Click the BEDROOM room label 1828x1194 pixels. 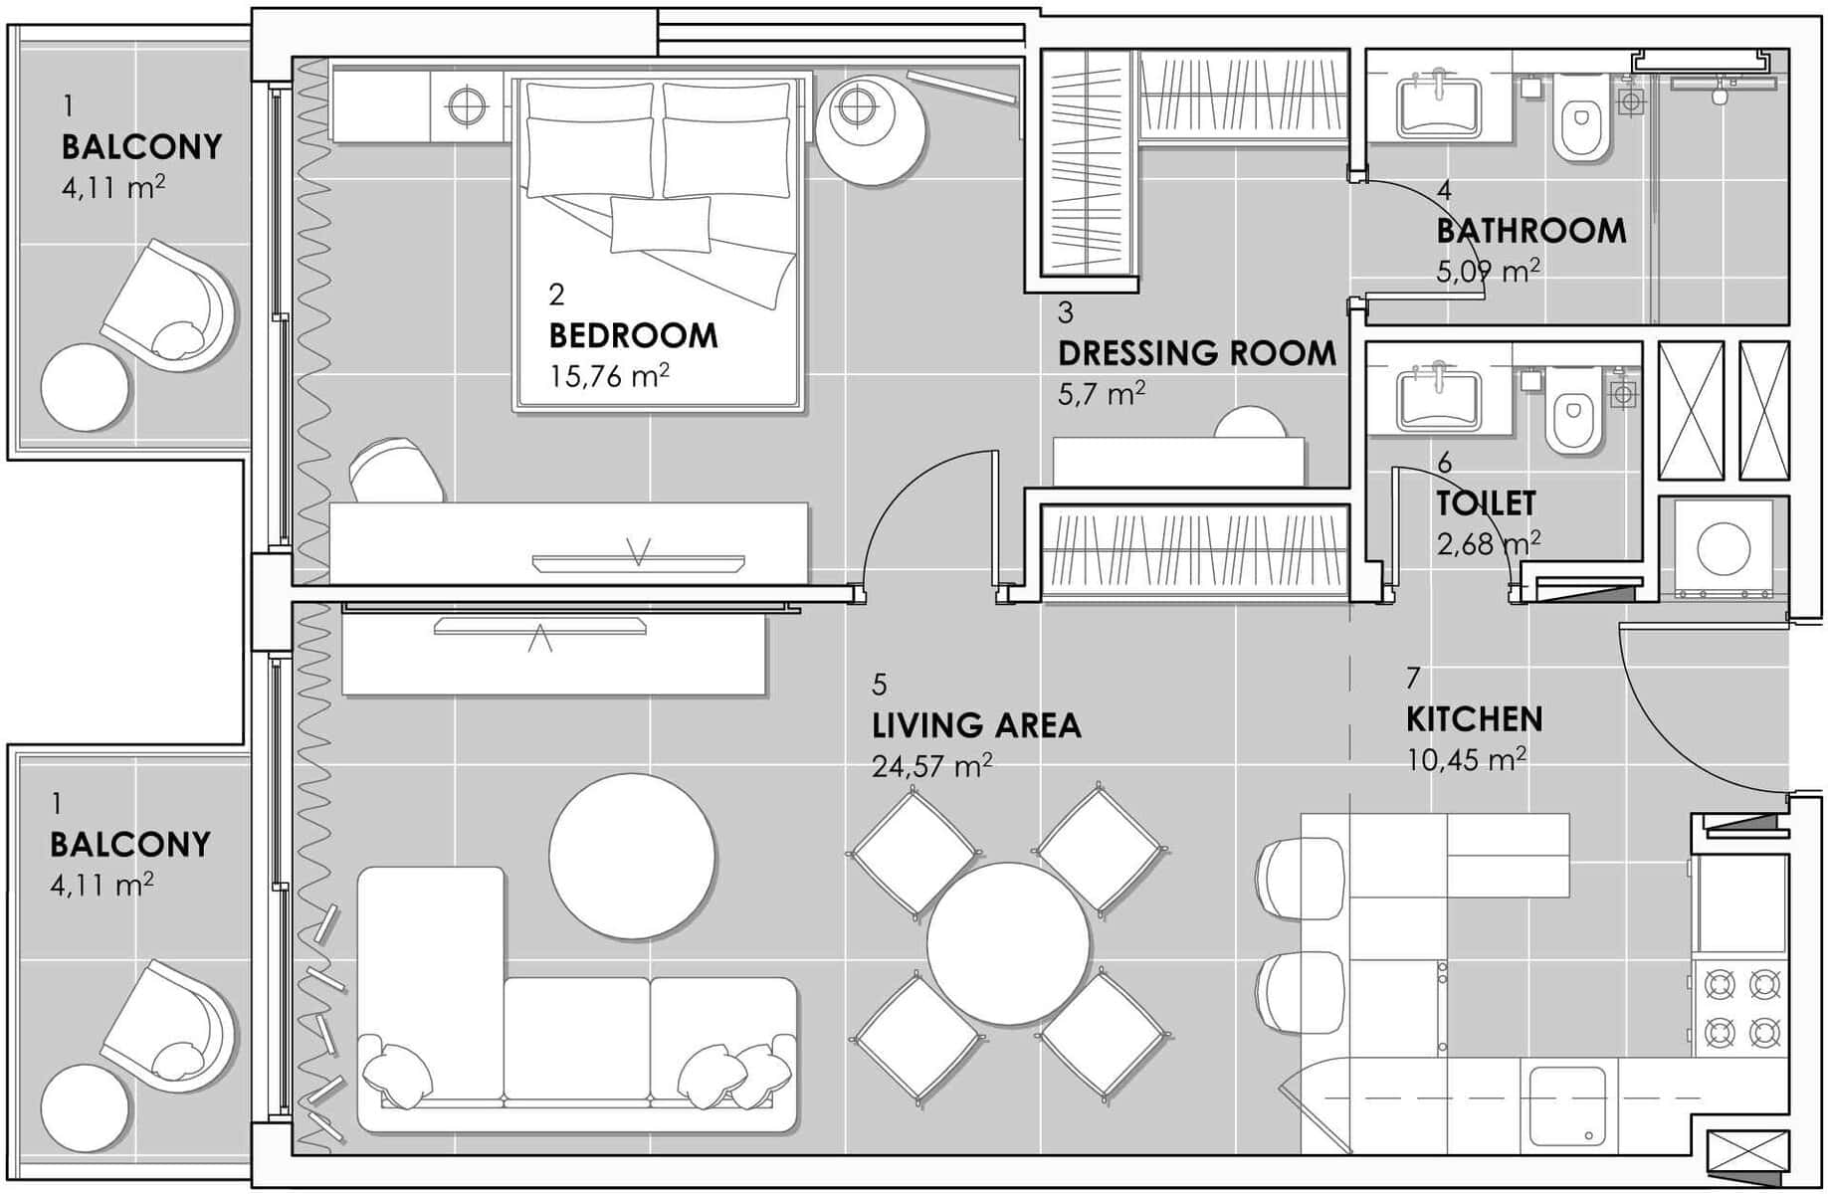pos(633,335)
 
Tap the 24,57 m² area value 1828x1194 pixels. pos(931,766)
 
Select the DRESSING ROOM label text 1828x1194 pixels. pos(1197,353)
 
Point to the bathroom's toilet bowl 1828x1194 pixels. pos(1581,120)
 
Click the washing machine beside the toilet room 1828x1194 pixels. pos(1724,549)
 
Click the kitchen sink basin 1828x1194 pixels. pos(1567,1106)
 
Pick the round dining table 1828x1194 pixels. pos(1008,942)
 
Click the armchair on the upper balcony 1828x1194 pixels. pos(169,305)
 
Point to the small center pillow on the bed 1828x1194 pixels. pos(661,223)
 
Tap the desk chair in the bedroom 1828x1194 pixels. pos(396,470)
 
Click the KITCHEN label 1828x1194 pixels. pos(1475,718)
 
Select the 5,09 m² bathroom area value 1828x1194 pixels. pos(1489,271)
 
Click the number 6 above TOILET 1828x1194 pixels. pos(1445,463)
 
